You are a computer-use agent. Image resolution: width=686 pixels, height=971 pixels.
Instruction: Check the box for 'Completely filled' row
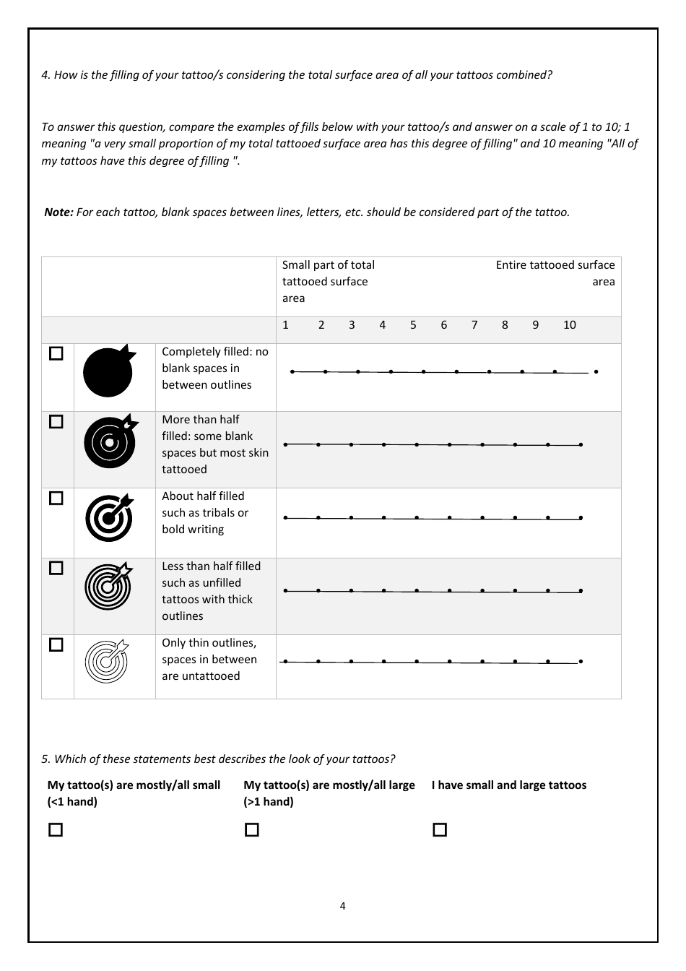56,353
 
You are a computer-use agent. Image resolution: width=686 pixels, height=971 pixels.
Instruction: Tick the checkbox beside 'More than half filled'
56,421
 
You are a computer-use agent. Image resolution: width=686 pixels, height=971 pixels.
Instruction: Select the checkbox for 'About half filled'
56,498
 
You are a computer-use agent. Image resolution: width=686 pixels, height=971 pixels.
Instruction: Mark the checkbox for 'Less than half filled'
56,568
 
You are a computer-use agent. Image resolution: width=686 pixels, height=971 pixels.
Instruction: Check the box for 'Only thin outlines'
56,644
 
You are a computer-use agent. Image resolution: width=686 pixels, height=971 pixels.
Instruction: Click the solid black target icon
108,371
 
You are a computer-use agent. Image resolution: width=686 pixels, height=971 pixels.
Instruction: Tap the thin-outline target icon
107,660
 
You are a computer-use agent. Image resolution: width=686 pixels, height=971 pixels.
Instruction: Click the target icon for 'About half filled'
109,517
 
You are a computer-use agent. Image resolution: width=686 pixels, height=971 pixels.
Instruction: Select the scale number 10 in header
569,325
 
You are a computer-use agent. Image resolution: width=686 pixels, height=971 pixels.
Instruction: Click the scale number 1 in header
285,325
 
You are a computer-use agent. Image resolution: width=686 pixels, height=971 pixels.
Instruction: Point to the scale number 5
413,325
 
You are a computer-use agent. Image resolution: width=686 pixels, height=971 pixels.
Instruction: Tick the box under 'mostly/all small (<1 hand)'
56,829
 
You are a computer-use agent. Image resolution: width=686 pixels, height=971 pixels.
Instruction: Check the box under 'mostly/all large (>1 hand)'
252,829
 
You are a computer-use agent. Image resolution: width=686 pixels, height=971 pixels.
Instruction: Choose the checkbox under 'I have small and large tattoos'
440,829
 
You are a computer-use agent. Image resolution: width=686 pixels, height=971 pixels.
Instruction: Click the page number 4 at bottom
342,906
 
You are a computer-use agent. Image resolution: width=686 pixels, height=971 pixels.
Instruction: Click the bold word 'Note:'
58,212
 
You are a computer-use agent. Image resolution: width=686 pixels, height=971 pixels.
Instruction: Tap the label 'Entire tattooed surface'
555,265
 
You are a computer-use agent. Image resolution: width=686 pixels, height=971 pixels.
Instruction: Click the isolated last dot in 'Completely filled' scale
596,372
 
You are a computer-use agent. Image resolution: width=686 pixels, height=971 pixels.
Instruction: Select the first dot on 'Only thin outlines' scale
285,661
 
